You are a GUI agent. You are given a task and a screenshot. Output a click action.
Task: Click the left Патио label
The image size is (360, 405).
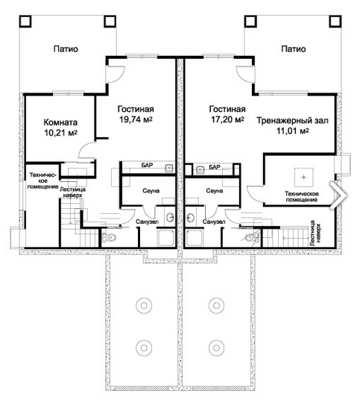point(66,48)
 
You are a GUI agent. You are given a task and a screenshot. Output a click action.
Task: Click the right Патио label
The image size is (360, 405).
point(294,48)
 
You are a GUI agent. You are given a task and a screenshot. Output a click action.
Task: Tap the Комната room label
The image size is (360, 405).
point(60,122)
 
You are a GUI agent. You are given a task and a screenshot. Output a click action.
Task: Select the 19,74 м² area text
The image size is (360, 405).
point(136,119)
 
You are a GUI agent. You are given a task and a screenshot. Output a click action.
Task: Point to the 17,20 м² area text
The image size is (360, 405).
point(227,119)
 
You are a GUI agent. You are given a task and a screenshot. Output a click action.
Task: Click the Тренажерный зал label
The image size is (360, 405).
point(292,121)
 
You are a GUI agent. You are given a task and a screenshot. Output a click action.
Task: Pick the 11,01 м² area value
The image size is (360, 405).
point(293,131)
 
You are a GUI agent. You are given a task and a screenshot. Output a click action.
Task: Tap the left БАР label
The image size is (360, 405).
point(147,165)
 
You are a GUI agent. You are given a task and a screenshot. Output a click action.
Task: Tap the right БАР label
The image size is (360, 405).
point(215,167)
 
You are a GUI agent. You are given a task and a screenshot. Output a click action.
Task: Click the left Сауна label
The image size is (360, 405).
point(151,191)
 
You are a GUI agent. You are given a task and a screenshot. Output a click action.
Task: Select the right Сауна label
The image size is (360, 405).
point(215,191)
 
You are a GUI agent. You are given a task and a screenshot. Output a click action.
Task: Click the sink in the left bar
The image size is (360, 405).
point(169,168)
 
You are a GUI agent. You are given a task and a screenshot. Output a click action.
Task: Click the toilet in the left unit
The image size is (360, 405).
point(108,237)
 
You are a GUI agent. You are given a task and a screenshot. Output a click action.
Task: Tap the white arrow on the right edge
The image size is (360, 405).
point(338,195)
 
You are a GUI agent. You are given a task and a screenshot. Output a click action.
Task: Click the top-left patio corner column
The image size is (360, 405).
point(25,21)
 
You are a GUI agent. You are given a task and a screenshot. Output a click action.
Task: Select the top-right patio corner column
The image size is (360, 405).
point(335,21)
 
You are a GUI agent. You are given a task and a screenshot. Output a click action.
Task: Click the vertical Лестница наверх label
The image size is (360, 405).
point(315,233)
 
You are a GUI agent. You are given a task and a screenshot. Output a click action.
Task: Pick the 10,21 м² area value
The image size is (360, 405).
point(60,133)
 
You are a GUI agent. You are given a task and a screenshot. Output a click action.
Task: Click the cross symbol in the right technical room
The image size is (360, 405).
point(304,178)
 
